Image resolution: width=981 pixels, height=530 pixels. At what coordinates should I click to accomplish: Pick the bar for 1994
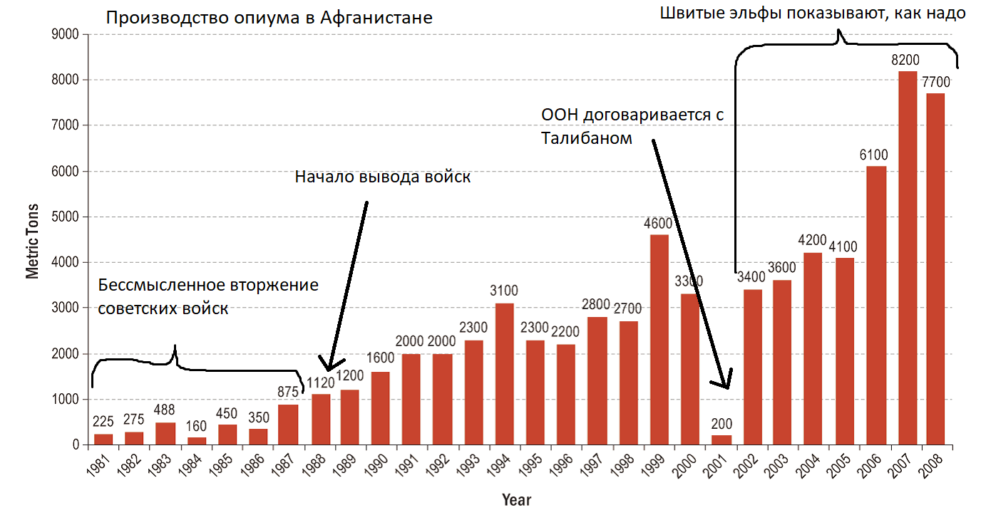click(x=504, y=374)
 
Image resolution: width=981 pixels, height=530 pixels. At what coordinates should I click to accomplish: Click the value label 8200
click(x=905, y=60)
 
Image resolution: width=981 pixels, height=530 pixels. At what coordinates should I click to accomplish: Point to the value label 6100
click(x=875, y=155)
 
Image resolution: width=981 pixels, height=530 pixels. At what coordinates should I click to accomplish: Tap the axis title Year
click(x=516, y=499)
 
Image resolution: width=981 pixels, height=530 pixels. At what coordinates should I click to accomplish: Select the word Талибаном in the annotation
click(x=586, y=137)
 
